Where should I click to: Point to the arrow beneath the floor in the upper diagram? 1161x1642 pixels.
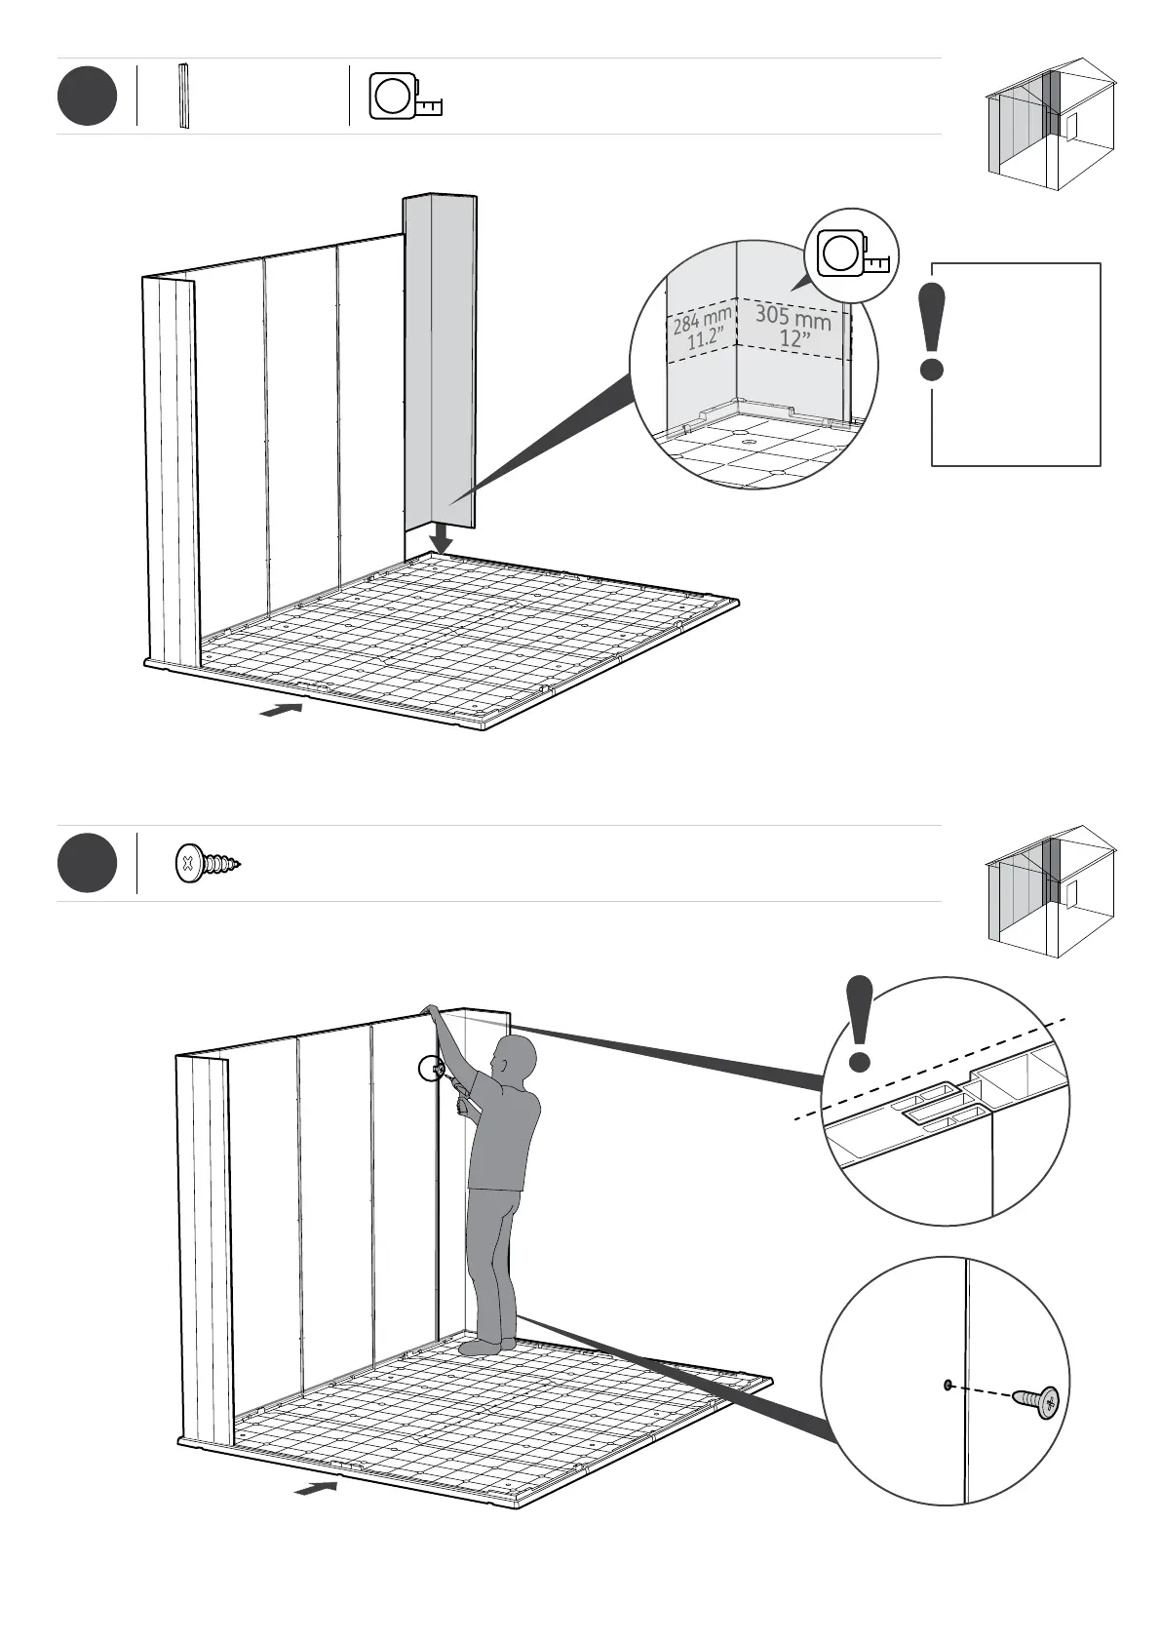click(x=281, y=710)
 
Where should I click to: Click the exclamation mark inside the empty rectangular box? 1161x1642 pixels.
click(x=933, y=332)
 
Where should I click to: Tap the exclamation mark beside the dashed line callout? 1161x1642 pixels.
click(x=859, y=1024)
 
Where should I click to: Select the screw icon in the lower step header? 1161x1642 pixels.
click(x=207, y=863)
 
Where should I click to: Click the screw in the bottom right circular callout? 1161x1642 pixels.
click(x=1036, y=1401)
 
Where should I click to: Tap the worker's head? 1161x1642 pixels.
click(x=515, y=1058)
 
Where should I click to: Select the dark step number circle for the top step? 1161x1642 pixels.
click(x=87, y=97)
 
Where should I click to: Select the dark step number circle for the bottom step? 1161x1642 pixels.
click(x=87, y=863)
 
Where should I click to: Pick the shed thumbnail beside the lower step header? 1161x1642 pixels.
click(x=1051, y=891)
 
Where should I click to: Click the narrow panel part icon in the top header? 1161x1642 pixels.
click(x=183, y=97)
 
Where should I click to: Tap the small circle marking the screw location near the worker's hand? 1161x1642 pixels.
click(x=430, y=1070)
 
